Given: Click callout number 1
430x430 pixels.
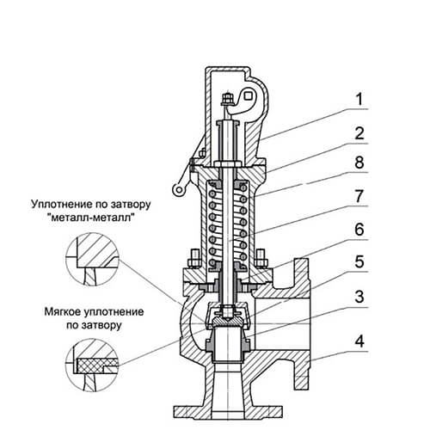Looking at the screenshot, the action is [x=359, y=100].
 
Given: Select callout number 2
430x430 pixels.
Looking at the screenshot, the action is [x=359, y=133].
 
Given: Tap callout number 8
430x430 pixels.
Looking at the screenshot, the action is [x=359, y=163].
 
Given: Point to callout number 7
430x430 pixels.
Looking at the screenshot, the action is [x=359, y=196].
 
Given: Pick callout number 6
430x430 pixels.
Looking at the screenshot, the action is [x=359, y=230].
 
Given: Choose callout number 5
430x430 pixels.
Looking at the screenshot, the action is [x=359, y=261].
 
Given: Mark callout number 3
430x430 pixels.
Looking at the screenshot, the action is [x=359, y=297].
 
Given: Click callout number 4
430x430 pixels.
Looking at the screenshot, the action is [x=359, y=341].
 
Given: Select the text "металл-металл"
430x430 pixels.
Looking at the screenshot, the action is [x=91, y=218].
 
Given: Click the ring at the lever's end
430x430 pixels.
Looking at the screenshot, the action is [x=178, y=189].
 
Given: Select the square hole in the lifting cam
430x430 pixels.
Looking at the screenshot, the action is [x=248, y=95].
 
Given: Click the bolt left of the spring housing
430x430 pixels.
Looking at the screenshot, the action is [x=194, y=260].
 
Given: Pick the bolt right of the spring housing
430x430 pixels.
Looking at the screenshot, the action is [x=261, y=259].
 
